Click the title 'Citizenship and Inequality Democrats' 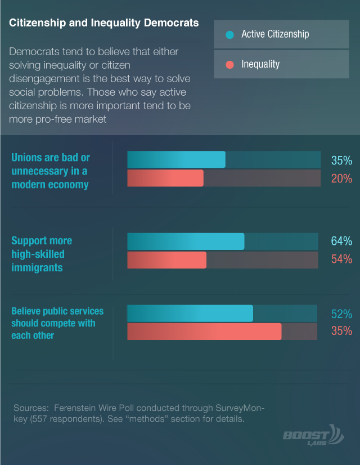103,23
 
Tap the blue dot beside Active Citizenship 229,35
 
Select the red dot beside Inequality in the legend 229,65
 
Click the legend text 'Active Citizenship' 275,34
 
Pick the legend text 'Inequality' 260,64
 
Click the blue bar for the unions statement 176,159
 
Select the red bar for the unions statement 165,178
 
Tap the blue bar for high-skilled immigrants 186,242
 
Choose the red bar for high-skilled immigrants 167,260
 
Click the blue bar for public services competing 190,313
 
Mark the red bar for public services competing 204,332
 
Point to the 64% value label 341,241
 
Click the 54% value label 341,259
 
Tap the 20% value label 341,178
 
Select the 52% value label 341,314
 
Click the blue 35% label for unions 341,160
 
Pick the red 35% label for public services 341,331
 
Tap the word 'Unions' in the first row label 26,158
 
